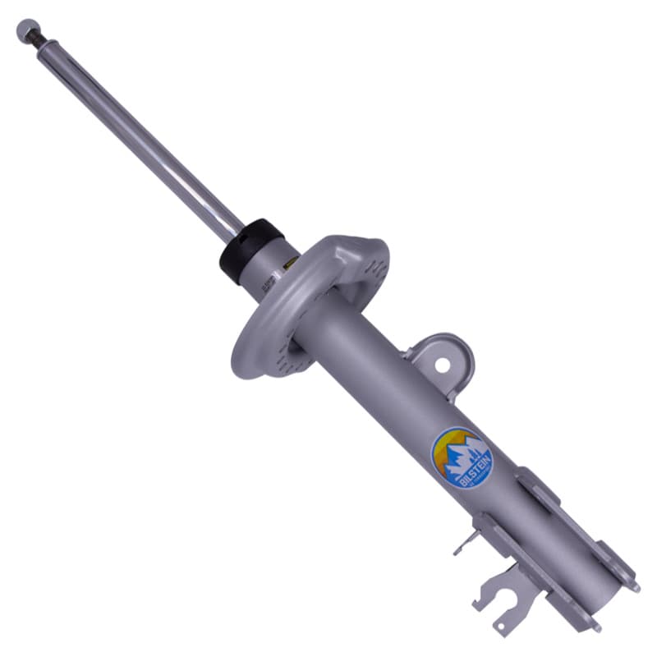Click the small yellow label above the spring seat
(x=289, y=264)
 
